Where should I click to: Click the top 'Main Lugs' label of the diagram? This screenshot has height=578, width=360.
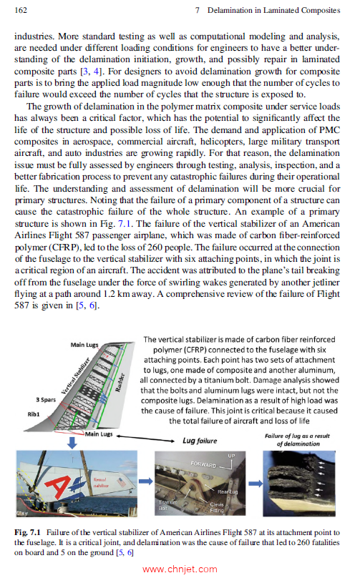84,346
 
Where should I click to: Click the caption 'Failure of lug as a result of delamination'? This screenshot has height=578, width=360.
298,439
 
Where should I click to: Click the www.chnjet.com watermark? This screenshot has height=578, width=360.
180,569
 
